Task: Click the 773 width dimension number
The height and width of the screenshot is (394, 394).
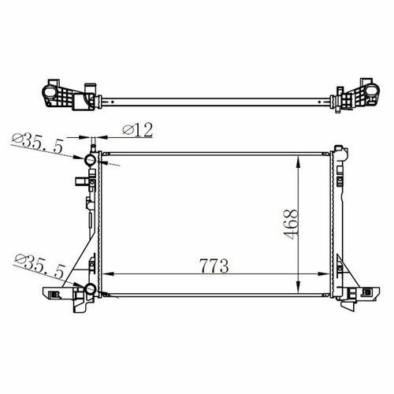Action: (x=214, y=266)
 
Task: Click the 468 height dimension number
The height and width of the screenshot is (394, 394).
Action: (x=291, y=225)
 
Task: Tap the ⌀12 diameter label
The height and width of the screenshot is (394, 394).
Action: (x=138, y=130)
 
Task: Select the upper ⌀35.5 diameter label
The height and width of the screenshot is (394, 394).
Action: (x=38, y=143)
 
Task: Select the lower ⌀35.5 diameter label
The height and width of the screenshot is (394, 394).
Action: (x=39, y=264)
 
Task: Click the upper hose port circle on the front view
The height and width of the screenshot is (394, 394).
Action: (x=90, y=160)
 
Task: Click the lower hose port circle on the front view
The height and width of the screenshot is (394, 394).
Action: (x=90, y=288)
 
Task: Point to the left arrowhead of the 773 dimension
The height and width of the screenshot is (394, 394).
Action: (x=108, y=274)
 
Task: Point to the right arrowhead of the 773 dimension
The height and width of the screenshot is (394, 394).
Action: (x=323, y=274)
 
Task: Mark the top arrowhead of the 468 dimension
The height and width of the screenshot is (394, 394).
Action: (x=298, y=162)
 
